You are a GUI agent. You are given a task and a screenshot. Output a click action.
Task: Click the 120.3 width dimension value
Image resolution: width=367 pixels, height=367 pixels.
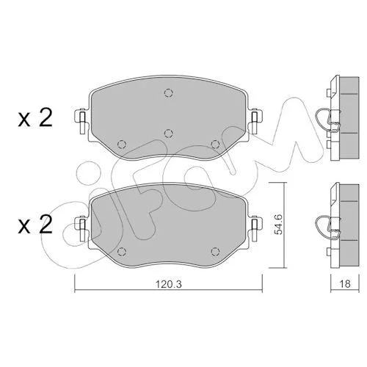(x=169, y=284)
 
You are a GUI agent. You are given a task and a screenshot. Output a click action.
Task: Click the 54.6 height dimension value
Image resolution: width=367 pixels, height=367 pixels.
(x=278, y=225)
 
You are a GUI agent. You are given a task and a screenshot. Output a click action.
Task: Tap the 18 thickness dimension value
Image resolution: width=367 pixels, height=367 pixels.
(x=345, y=283)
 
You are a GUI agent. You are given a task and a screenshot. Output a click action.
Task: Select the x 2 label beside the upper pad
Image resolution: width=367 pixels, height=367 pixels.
(x=35, y=118)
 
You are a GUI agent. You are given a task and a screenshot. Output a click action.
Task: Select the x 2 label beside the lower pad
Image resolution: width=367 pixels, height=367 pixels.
(x=35, y=225)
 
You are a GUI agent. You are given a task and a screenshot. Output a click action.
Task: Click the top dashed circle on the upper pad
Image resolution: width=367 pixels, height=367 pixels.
(x=169, y=93)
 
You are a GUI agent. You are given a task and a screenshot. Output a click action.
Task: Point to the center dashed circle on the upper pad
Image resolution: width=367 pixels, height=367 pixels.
(x=169, y=134)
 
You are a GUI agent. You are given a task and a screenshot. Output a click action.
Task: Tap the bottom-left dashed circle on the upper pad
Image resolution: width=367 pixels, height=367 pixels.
(x=122, y=145)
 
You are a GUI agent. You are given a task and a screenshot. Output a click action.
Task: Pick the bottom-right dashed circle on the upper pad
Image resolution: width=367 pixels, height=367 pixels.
(x=215, y=145)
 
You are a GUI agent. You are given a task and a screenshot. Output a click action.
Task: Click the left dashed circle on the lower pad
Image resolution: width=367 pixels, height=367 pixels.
(x=122, y=251)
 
